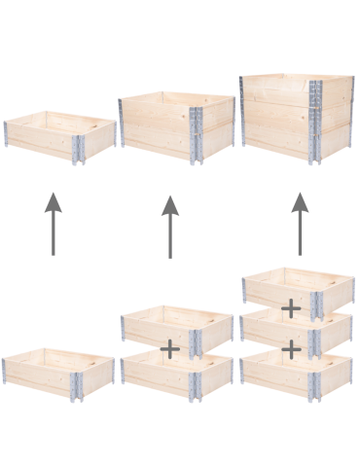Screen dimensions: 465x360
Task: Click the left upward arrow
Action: pos(53,224)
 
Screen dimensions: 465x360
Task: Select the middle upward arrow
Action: pos(170,226)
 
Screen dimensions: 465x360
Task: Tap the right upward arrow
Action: pos(300,223)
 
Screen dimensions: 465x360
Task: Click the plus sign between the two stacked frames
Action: pos(170,347)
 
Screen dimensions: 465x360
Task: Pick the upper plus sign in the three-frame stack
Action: pos(290,309)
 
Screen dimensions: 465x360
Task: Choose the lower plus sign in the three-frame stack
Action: pos(290,347)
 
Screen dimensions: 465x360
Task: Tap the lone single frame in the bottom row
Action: pos(58,373)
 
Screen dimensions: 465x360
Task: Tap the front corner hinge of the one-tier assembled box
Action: pos(79,147)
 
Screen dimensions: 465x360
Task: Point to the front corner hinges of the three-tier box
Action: pos(315,119)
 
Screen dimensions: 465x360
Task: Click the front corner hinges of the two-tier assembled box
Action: pos(197,134)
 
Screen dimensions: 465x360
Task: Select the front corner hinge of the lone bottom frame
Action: pos(77,383)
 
